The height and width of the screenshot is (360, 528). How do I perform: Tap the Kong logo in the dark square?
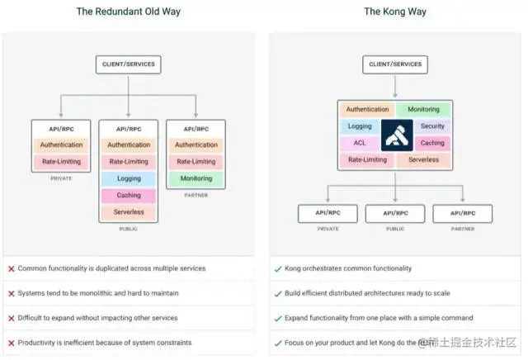point(396,135)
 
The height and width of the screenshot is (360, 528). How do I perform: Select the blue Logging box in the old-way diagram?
point(128,178)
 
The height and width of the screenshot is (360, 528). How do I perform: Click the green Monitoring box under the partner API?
point(196,178)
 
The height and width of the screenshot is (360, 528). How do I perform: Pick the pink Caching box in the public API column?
point(128,196)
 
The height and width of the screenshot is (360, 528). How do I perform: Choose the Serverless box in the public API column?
point(128,212)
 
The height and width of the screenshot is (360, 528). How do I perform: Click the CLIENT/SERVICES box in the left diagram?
point(128,64)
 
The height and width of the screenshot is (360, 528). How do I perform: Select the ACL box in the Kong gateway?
point(360,143)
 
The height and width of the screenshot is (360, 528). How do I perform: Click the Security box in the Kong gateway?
point(431,126)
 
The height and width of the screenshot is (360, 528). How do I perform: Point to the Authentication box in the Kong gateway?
point(367,109)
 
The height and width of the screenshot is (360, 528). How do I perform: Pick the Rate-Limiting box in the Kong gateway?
point(367,159)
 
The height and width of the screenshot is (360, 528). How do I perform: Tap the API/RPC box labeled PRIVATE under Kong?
point(328,213)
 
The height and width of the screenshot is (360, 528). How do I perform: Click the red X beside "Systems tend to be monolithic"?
point(12,293)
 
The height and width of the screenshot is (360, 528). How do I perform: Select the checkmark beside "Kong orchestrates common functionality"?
point(278,269)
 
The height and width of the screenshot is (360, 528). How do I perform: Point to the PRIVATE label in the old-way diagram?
point(60,178)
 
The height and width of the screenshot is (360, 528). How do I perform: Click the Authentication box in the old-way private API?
point(60,144)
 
